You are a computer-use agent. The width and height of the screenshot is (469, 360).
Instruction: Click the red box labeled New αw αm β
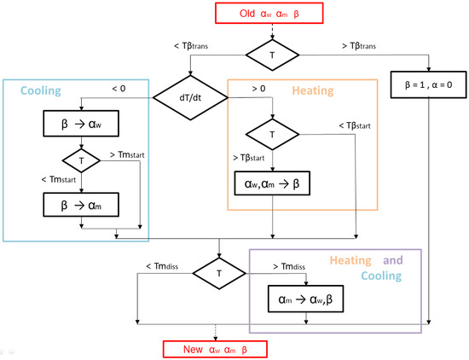coord(215,347)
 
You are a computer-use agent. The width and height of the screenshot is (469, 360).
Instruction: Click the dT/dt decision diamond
coord(191,97)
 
